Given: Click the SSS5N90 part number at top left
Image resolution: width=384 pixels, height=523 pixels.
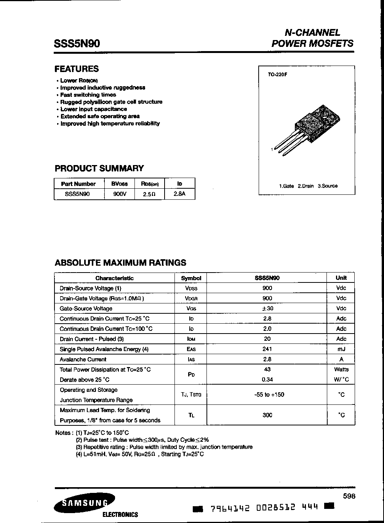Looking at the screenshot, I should [x=77, y=44].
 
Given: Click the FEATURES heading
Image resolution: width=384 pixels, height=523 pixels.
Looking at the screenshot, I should [x=77, y=69].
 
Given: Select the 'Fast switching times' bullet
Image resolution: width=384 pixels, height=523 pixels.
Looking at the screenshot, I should [x=88, y=95].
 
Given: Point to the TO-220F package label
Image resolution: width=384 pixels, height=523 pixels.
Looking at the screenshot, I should [x=277, y=75].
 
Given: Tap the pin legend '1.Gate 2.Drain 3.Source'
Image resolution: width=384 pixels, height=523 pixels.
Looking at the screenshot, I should [x=308, y=186].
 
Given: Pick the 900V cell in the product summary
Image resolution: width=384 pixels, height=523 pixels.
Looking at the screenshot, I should [x=119, y=194].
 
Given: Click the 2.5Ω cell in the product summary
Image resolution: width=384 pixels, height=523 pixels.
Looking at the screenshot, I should [x=149, y=194].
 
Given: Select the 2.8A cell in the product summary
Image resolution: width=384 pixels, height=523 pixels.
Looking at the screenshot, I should [x=179, y=194].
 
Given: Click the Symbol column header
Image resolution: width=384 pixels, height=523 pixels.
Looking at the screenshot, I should [x=191, y=278].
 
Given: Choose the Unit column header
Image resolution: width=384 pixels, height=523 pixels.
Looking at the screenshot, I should [x=341, y=278].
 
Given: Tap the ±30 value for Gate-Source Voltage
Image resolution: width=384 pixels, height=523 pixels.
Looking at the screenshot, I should [x=267, y=308].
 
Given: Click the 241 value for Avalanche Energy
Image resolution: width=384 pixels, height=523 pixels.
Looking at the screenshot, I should [x=267, y=349].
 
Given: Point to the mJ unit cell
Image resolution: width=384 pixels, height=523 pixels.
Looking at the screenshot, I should [x=341, y=349].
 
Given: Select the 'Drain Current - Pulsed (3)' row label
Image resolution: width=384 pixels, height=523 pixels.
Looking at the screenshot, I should [x=92, y=339].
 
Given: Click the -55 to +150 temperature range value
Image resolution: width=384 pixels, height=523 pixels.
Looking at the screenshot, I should [x=269, y=395].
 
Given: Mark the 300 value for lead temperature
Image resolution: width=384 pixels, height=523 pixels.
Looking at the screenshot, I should [x=267, y=415].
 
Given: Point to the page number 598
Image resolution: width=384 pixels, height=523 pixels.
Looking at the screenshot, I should [x=349, y=496].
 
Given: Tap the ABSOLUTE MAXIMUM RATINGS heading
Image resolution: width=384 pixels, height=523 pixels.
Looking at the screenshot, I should [x=120, y=263].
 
